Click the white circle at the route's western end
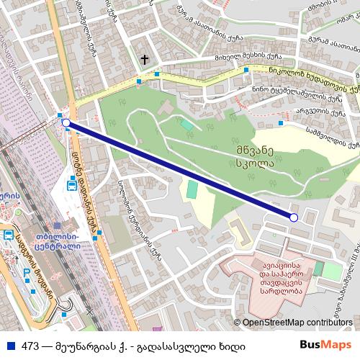point(66,123)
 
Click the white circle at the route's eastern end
point(293,217)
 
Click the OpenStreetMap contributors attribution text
point(297,323)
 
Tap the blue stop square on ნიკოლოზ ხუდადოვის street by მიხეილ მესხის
point(247,69)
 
